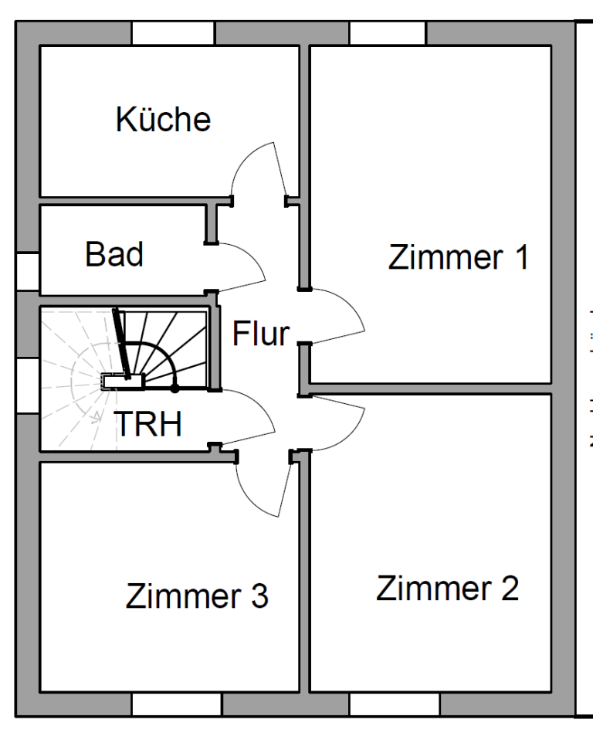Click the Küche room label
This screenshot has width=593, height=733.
(163, 120)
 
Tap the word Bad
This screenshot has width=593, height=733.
(114, 255)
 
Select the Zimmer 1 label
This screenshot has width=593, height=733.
(459, 257)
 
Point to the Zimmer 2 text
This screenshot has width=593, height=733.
(447, 589)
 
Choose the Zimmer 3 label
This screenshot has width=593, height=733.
(197, 596)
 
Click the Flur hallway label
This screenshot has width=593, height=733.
(261, 334)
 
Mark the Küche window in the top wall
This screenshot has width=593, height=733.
(172, 33)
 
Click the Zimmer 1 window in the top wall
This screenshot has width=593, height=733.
(388, 33)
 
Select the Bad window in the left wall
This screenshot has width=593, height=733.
(27, 272)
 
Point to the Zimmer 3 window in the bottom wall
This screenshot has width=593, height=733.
(176, 704)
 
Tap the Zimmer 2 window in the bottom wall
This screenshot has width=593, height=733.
(394, 704)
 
